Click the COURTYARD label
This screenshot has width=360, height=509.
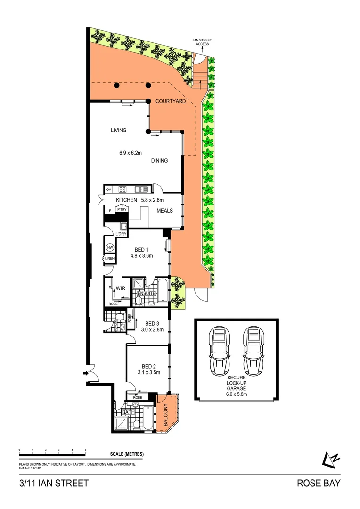[x=170, y=101]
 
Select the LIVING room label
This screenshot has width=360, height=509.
[x=119, y=131]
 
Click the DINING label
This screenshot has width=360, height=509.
[x=160, y=161]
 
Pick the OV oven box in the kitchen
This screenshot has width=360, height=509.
[x=108, y=189]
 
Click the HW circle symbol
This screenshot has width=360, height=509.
[x=110, y=247]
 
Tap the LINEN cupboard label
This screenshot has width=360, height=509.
[x=109, y=259]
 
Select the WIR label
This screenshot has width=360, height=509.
[x=120, y=287]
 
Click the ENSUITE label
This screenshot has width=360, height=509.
[x=146, y=294]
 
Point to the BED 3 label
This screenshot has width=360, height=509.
[x=153, y=324]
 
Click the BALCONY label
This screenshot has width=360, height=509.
[x=165, y=415]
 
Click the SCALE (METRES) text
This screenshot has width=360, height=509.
[x=127, y=454]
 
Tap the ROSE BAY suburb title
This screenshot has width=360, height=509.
[x=318, y=483]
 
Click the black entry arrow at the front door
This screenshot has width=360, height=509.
[x=85, y=373]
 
